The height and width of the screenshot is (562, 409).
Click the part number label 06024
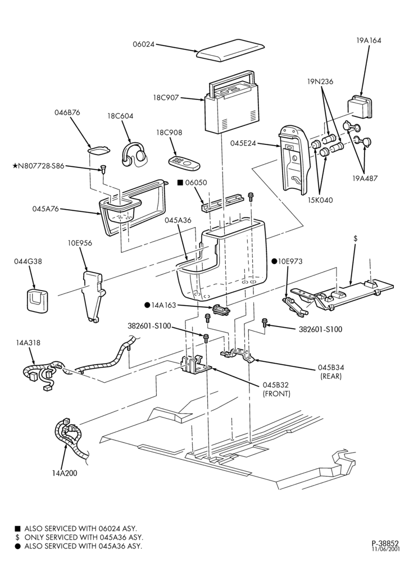tap(144, 44)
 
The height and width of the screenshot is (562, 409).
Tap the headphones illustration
tap(134, 155)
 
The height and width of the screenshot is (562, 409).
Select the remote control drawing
tap(184, 163)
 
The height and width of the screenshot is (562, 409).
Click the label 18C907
tap(166, 97)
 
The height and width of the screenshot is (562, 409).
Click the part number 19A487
tap(365, 178)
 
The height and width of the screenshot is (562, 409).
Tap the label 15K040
tap(320, 200)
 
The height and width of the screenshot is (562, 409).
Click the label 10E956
tap(80, 243)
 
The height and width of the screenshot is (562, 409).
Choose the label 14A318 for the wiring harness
tap(28, 343)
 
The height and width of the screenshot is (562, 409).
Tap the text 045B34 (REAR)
tap(330, 371)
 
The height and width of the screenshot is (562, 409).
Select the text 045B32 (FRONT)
tap(276, 389)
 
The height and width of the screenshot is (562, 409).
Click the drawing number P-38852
tap(385, 543)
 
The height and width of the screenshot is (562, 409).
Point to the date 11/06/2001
tap(385, 549)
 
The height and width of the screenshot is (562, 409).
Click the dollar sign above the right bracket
tap(356, 238)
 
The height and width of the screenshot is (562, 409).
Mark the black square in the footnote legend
tap(17, 529)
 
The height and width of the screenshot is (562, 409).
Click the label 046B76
tap(67, 112)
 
